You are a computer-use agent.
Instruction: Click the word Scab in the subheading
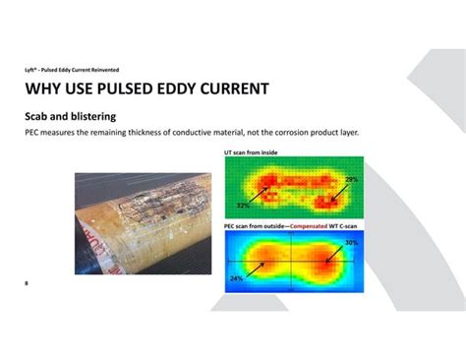[x=39, y=116]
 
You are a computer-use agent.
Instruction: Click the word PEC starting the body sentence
[x=32, y=132]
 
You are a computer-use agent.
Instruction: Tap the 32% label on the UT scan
[x=241, y=207]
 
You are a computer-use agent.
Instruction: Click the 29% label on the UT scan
[x=351, y=180]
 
